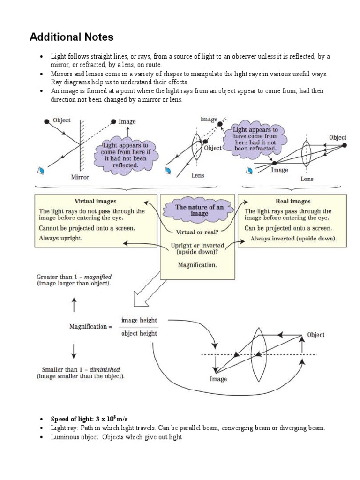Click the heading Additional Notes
[x=71, y=37]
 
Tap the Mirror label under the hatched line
[x=80, y=177]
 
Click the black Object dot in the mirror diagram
[x=46, y=121]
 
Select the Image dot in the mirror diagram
[x=113, y=121]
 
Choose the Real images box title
[x=293, y=201]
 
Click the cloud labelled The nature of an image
[x=199, y=210]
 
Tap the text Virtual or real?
[x=197, y=232]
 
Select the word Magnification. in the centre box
[x=197, y=265]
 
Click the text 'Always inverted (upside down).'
[x=293, y=238]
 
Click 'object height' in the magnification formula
[x=139, y=334]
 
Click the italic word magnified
[x=97, y=277]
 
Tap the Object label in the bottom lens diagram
[x=315, y=335]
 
